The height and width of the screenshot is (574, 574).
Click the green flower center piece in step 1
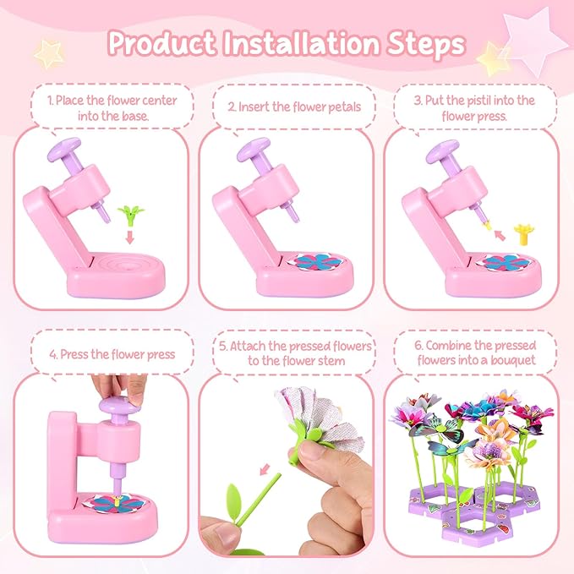click(131, 215)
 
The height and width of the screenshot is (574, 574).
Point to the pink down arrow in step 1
click(129, 237)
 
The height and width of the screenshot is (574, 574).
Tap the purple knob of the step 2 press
click(254, 149)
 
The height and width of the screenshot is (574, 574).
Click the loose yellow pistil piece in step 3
click(524, 233)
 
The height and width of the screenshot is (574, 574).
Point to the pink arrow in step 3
click(500, 235)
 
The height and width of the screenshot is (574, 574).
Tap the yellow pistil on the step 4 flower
click(117, 500)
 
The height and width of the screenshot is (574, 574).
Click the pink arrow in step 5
click(265, 470)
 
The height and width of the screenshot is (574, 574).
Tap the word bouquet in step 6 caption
click(513, 360)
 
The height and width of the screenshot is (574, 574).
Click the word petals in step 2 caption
click(344, 107)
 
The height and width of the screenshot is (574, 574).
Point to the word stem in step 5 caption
click(331, 361)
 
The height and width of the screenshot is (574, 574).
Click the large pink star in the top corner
click(531, 41)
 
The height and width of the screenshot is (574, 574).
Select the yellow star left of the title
click(49, 54)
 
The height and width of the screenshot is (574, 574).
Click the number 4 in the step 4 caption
click(52, 355)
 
